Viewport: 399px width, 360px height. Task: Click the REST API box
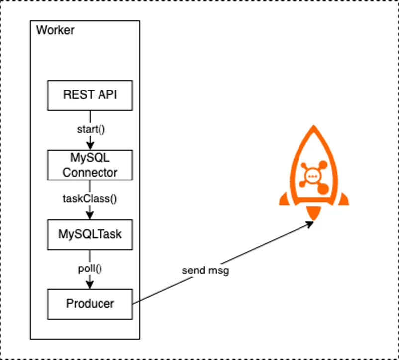tap(90, 95)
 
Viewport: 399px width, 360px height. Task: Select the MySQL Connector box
tap(90, 165)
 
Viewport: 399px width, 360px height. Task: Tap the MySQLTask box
tap(90, 234)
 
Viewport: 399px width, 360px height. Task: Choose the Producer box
tap(90, 303)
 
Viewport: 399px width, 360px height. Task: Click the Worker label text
tap(55, 30)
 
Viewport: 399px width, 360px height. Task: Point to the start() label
tap(90, 130)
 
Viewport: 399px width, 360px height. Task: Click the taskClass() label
tap(90, 199)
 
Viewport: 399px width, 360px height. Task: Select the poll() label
tap(90, 269)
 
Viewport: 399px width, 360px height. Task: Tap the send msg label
tap(205, 271)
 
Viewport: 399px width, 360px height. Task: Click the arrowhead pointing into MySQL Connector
tap(90, 147)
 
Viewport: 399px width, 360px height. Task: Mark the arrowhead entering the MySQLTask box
tap(90, 216)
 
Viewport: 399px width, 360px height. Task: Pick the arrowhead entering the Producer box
tap(90, 285)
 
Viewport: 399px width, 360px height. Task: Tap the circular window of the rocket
tap(313, 177)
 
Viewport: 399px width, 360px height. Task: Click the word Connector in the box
tap(90, 173)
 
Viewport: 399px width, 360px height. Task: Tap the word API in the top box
tap(108, 95)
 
